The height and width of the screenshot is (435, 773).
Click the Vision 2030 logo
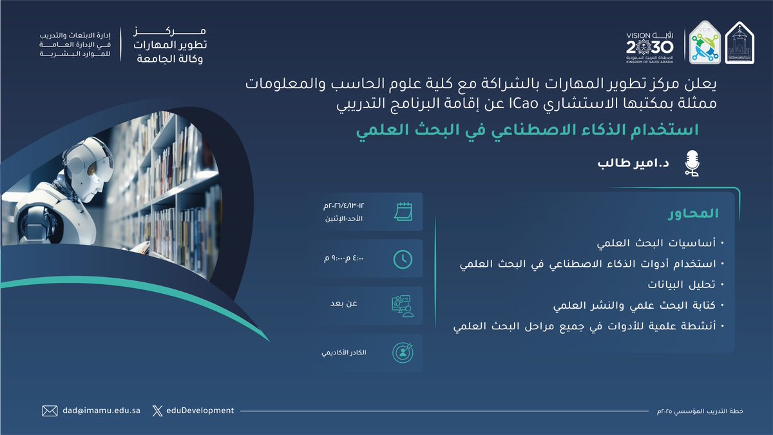tap(649, 44)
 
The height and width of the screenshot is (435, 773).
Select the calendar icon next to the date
tap(403, 211)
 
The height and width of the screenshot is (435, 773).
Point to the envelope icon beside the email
tap(50, 411)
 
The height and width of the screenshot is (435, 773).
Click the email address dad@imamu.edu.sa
tap(100, 411)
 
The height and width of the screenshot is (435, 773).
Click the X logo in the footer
tap(158, 411)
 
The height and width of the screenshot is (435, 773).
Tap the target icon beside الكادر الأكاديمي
tap(403, 353)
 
